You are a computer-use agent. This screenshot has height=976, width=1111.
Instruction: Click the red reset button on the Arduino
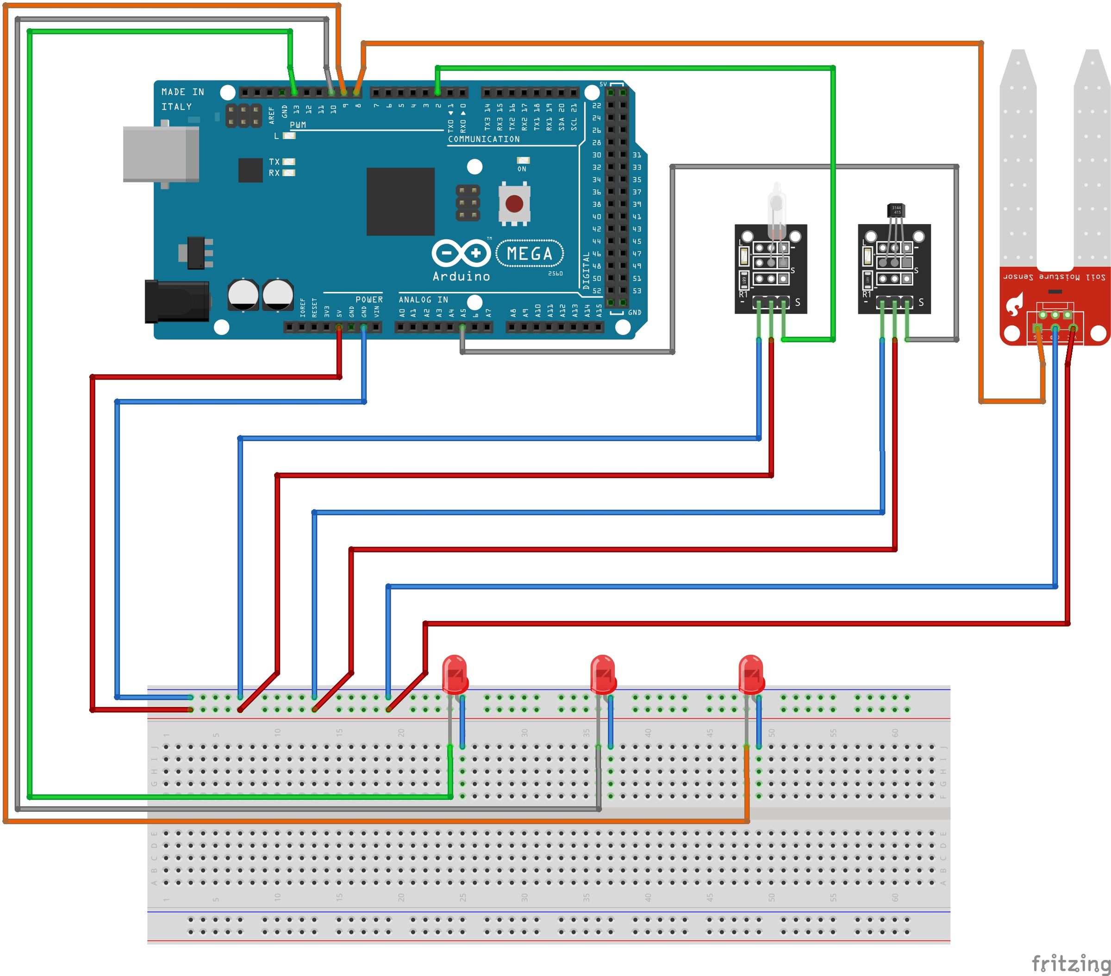pos(514,204)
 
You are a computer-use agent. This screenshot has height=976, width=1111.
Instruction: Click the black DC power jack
pos(177,301)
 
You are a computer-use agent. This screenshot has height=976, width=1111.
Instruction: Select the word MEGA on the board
pos(530,254)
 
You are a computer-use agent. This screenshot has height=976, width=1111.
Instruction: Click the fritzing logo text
pos(1070,963)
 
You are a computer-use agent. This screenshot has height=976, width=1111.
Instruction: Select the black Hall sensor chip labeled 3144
pos(896,210)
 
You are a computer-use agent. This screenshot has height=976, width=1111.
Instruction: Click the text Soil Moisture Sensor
pos(1054,277)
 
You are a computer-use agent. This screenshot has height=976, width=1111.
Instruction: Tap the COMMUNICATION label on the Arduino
pos(484,139)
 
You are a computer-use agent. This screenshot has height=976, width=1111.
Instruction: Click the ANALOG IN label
pos(424,299)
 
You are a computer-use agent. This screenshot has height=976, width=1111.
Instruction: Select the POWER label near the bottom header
pos(369,299)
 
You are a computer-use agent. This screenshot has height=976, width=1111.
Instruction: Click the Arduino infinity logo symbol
pos(461,253)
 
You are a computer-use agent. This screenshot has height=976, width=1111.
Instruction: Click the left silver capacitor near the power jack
pos(243,294)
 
